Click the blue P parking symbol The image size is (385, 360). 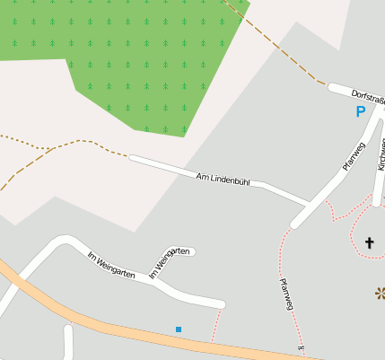pyautogui.click(x=360, y=112)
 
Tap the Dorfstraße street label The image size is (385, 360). pyautogui.click(x=367, y=95)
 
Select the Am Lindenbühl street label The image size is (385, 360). pyautogui.click(x=223, y=180)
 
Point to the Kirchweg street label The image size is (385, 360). pyautogui.click(x=381, y=154)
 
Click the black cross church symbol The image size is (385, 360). pyautogui.click(x=370, y=242)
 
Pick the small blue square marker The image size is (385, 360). pyautogui.click(x=179, y=330)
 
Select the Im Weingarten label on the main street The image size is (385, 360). pyautogui.click(x=109, y=265)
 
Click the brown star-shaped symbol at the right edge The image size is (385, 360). pyautogui.click(x=381, y=293)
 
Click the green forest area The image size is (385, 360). pyautogui.click(x=135, y=63)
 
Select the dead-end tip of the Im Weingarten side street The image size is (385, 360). pyautogui.click(x=192, y=252)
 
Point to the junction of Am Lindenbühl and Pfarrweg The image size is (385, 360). pyautogui.click(x=306, y=201)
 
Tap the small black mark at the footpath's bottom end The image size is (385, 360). pyautogui.click(x=301, y=347)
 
